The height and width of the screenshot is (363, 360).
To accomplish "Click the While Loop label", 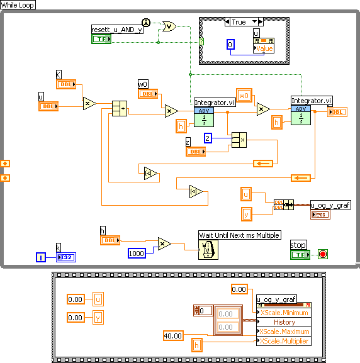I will pyautogui.click(x=18, y=4).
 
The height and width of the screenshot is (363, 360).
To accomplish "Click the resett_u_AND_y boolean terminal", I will pyautogui.click(x=101, y=39).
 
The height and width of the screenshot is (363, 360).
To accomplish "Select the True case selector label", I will pyautogui.click(x=239, y=22).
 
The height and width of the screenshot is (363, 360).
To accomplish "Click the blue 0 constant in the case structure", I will pyautogui.click(x=230, y=45).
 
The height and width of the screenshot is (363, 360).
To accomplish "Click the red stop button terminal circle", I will pyautogui.click(x=323, y=254).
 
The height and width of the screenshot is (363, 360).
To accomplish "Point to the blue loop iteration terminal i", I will pyautogui.click(x=42, y=257).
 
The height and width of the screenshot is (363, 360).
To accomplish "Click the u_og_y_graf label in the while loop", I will pyautogui.click(x=330, y=204).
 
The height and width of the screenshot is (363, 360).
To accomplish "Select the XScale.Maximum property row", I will pyautogui.click(x=284, y=332).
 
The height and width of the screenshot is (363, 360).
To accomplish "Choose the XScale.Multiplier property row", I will pyautogui.click(x=284, y=341).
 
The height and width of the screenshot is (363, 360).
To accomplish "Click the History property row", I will pyautogui.click(x=284, y=322).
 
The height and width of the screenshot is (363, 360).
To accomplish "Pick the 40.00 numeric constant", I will pyautogui.click(x=172, y=335).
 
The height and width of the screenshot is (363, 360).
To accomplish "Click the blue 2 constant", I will pyautogui.click(x=208, y=138).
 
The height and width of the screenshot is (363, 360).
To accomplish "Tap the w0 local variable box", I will pyautogui.click(x=244, y=96).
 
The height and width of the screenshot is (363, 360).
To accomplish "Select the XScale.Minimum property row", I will pyautogui.click(x=284, y=313).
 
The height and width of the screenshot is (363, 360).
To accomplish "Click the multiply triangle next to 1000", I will pyautogui.click(x=164, y=243).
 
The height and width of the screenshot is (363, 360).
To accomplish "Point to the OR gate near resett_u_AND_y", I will pyautogui.click(x=169, y=26).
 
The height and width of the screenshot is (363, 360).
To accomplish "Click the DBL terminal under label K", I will pyautogui.click(x=65, y=84).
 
